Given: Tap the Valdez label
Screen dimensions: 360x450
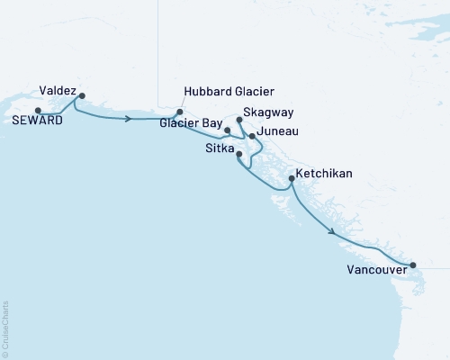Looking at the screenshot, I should tap(58, 91).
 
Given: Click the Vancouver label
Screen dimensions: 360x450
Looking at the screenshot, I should tap(372, 269).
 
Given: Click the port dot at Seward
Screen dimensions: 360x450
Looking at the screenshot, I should tap(37, 111).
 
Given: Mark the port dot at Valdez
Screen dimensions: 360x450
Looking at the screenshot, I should tap(82, 95).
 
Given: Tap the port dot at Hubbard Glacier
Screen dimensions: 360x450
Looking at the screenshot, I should tap(180, 112).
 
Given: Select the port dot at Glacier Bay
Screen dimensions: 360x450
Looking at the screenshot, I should tap(227, 130).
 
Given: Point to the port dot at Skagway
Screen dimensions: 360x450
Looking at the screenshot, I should tap(238, 119).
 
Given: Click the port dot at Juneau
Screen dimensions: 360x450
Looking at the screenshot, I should tap(252, 137).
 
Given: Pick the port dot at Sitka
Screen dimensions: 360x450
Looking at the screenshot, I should tap(238, 154).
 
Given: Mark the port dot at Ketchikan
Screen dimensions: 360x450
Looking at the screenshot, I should tap(291, 179).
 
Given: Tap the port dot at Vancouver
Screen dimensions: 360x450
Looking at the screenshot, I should tap(413, 265).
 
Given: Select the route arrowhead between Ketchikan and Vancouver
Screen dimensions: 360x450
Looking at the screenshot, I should tap(334, 232).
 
